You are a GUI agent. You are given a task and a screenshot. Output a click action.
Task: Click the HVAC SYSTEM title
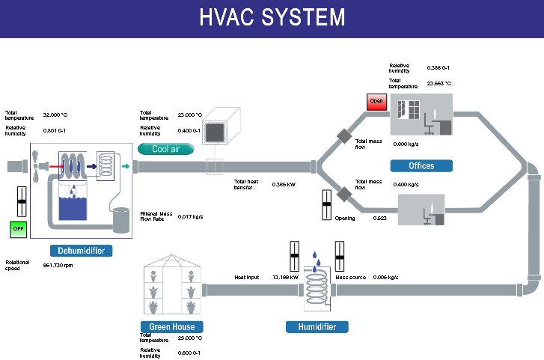(272, 18)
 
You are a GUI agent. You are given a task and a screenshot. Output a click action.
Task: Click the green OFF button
(19, 228)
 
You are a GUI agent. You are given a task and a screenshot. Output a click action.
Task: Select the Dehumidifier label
(81, 251)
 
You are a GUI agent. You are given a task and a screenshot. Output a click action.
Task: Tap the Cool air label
(166, 149)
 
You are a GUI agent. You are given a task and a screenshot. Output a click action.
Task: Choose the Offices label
(421, 165)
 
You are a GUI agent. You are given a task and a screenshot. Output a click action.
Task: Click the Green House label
(171, 326)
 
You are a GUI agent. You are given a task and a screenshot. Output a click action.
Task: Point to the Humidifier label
(317, 326)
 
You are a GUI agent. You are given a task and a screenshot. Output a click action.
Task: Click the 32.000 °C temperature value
(55, 115)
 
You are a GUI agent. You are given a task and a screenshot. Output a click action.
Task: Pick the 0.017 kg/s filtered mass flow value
(190, 216)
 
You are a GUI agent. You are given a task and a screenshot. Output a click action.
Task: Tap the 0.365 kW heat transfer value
(284, 184)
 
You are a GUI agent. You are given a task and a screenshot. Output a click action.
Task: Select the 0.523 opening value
(382, 218)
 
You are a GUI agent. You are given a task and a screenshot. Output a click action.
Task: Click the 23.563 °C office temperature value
(439, 84)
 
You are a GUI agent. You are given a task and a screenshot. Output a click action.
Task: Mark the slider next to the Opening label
(326, 205)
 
